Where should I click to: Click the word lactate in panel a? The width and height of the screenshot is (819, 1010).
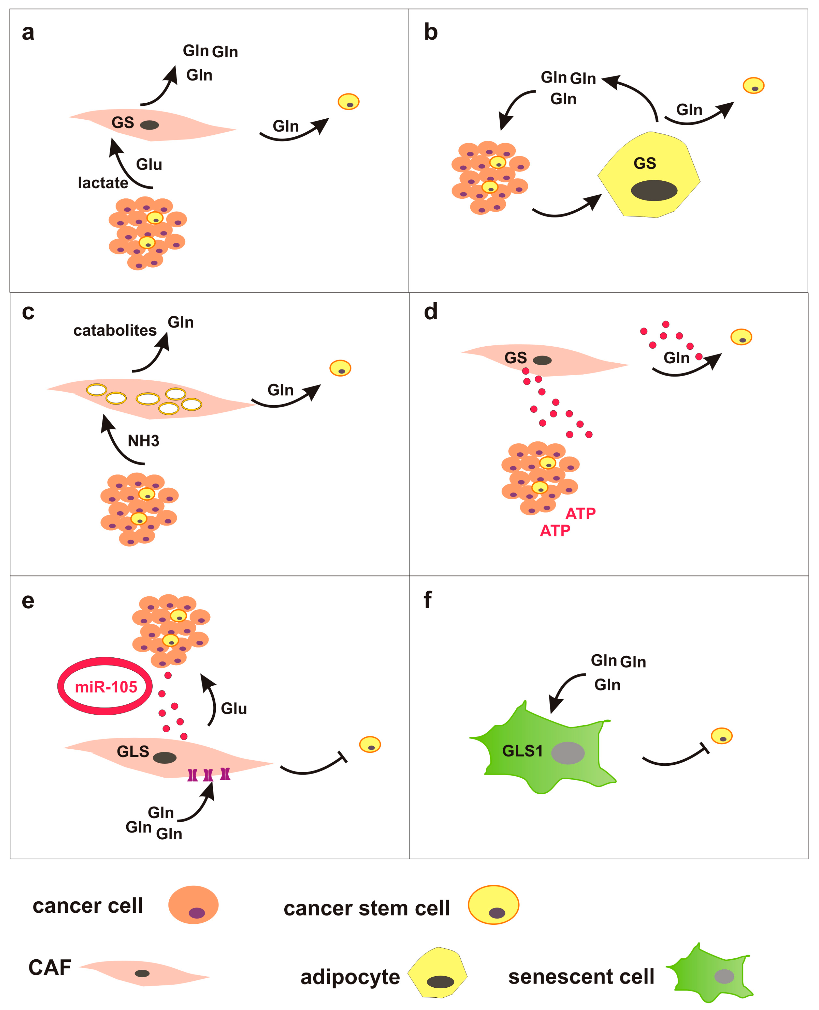click(x=103, y=183)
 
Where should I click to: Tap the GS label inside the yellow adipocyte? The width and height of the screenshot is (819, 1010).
click(x=645, y=163)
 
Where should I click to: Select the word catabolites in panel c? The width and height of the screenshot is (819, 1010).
click(x=115, y=330)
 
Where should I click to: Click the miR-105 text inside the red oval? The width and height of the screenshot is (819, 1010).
click(x=106, y=687)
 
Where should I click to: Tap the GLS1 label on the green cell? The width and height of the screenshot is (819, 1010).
click(x=522, y=751)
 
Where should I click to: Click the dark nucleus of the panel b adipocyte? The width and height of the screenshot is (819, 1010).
click(x=654, y=190)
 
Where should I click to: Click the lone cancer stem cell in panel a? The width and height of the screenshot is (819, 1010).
click(x=349, y=102)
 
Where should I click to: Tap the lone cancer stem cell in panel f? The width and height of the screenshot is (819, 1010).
click(x=721, y=736)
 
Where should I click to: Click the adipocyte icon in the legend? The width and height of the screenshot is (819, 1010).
click(x=437, y=973)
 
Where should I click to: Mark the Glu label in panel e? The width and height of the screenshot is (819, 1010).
click(x=234, y=709)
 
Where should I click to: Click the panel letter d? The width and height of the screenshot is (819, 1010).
click(x=430, y=312)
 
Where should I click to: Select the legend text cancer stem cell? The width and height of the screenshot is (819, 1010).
click(x=367, y=908)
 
